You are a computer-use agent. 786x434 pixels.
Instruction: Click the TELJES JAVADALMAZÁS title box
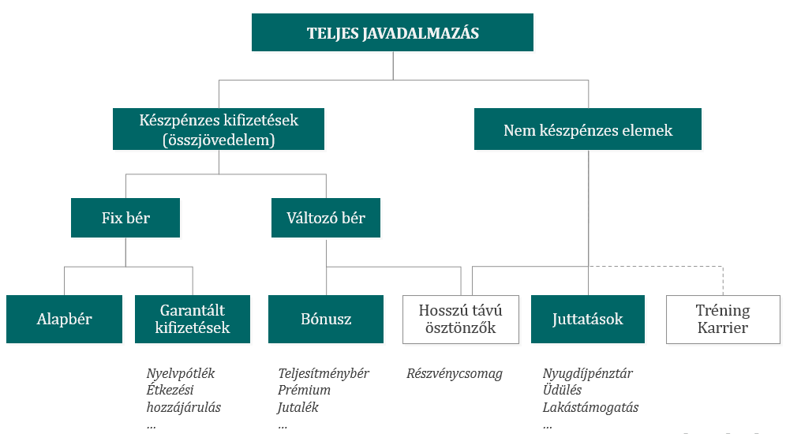[x=392, y=32]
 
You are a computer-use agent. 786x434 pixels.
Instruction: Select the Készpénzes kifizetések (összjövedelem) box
[x=219, y=129]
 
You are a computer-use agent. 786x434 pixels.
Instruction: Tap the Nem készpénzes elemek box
[x=587, y=129]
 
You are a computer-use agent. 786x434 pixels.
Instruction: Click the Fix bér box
[x=125, y=218]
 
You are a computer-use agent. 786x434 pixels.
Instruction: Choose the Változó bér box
[x=326, y=218]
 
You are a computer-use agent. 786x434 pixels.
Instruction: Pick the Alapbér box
[x=64, y=320]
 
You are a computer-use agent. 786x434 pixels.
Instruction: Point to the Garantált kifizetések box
[x=193, y=320]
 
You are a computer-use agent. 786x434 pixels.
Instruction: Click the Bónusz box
[x=326, y=320]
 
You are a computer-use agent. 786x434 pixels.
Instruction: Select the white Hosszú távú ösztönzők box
[x=461, y=320]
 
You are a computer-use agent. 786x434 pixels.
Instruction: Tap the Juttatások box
[x=588, y=320]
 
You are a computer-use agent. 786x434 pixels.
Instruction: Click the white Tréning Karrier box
[x=723, y=320]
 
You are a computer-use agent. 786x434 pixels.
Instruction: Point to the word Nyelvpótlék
[x=181, y=374]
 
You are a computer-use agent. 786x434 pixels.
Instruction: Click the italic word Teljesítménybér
[x=324, y=374]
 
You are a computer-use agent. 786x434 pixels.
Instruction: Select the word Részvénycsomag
[x=455, y=374]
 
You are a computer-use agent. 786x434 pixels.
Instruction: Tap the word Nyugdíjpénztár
[x=587, y=374]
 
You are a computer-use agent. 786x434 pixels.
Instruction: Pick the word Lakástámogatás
[x=590, y=407]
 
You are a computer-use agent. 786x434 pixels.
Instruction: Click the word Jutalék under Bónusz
[x=298, y=407]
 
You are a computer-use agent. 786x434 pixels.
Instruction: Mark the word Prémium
[x=305, y=391]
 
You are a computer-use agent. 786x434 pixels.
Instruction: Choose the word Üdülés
[x=562, y=391]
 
